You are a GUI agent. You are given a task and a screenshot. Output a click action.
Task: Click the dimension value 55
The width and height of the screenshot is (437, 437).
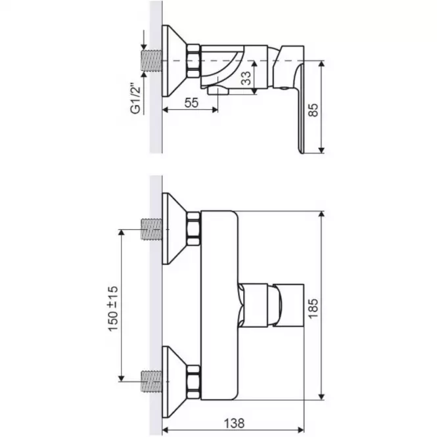coord(191,103)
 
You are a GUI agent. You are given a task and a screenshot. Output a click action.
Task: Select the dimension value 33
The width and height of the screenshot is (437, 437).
coord(246,78)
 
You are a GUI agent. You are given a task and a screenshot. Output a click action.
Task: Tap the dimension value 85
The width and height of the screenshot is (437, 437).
coord(313,110)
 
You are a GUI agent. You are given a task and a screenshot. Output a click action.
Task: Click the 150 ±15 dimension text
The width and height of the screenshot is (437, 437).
coord(114,308)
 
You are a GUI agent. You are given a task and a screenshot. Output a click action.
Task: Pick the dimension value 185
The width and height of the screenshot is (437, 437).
coord(313,308)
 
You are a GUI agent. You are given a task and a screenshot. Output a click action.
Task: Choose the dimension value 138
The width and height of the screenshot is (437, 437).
coord(234,424)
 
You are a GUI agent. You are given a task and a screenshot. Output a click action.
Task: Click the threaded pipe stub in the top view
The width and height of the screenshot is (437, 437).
coord(152,60)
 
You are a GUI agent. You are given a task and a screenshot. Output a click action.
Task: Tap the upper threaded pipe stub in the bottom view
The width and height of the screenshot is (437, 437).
coord(152,229)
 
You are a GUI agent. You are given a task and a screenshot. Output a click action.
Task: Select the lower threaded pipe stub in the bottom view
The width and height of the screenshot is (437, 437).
coord(152,381)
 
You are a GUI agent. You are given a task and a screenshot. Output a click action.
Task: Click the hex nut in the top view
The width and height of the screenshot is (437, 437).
coord(193,60)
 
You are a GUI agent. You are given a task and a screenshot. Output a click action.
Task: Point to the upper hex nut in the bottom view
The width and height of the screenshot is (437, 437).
coord(193,229)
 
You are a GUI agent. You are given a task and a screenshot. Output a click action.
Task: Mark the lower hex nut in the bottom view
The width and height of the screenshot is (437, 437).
coord(193,381)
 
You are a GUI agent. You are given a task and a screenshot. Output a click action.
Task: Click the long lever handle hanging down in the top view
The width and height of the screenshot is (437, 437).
coord(300,108)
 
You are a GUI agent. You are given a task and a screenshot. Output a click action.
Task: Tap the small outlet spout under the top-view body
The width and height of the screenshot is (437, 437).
coord(218,90)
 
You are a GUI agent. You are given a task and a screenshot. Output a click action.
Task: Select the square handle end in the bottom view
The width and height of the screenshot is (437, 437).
coord(288,305)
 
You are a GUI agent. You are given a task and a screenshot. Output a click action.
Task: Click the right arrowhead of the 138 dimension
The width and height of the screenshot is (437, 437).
coord(301,430)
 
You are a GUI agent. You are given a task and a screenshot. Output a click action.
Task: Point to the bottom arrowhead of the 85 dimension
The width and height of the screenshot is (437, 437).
coord(321,150)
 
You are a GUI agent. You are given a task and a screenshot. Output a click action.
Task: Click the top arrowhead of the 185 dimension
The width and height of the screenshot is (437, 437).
coord(321,214)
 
